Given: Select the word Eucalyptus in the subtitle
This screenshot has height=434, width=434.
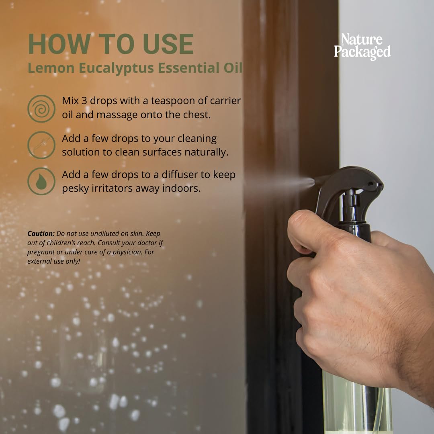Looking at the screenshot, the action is (x=116, y=68).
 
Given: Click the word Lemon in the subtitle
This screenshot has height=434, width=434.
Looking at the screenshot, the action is (x=51, y=68).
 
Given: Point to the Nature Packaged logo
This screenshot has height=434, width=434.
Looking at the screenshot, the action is (x=362, y=46).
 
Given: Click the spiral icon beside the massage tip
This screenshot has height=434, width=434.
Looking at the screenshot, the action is (x=41, y=109).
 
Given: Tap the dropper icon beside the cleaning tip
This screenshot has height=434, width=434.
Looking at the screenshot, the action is (x=41, y=145).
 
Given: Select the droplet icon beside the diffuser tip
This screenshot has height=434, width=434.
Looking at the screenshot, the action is (x=41, y=181).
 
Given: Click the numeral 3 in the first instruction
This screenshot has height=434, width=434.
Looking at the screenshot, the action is (x=84, y=101).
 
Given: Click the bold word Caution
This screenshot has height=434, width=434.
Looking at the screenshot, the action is (x=41, y=233).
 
